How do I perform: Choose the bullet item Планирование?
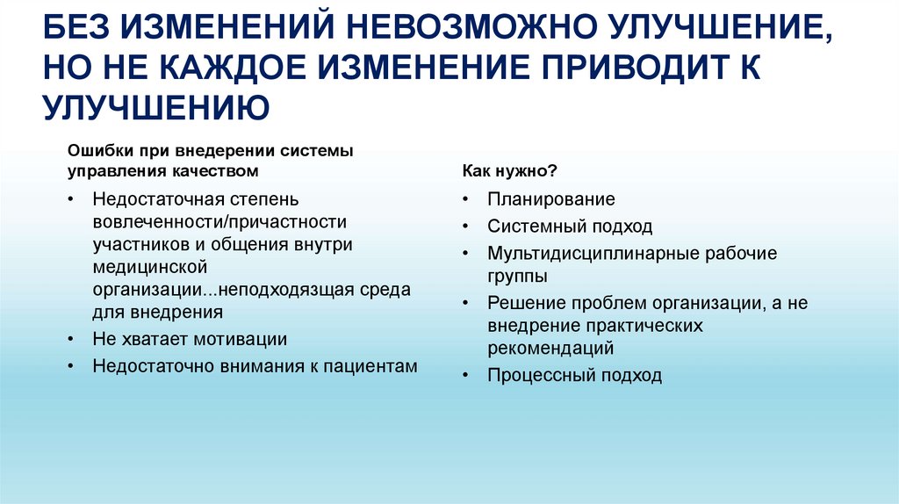click(x=551, y=199)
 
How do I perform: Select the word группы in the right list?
click(x=518, y=276)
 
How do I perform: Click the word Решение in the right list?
click(x=526, y=303)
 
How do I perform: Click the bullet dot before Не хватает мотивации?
click(x=69, y=339)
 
